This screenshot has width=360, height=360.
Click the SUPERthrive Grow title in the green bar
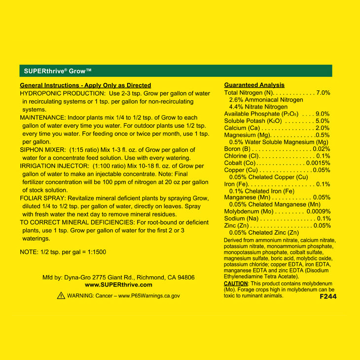pos(57,71)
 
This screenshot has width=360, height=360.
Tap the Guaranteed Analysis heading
pos(254,85)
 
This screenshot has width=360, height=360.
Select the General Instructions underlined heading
pos(85,85)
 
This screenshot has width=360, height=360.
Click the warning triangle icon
pos(61,295)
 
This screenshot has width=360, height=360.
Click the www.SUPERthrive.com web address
pos(118,285)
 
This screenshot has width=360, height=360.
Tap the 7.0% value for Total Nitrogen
pos(323,93)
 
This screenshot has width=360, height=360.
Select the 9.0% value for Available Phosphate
pos(323,114)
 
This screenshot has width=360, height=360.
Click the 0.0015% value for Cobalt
pos(318,163)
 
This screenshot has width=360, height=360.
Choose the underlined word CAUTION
pos(236,284)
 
